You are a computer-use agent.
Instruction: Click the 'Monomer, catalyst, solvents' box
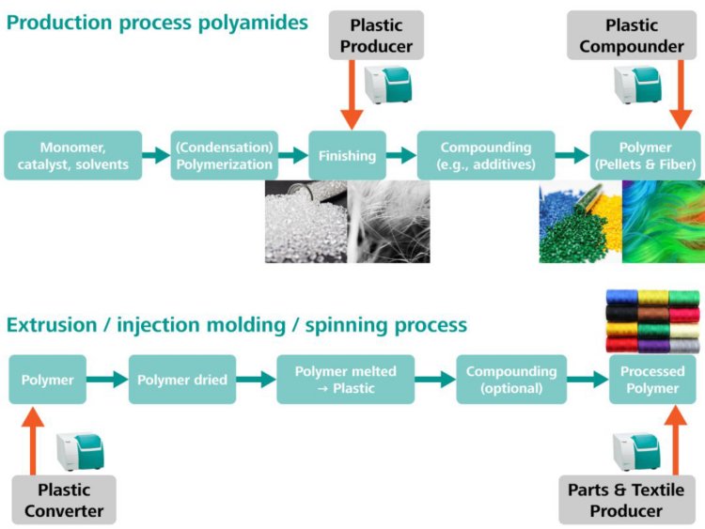72,156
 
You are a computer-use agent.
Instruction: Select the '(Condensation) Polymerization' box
225,156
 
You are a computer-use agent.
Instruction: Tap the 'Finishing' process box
348,156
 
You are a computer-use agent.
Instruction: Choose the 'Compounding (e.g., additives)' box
485,156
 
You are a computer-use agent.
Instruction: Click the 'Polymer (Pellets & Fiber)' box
645,156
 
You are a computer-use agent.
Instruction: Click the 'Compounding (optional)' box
511,380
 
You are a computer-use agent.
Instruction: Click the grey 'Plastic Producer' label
382,35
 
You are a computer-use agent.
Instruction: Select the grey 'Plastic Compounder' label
632,35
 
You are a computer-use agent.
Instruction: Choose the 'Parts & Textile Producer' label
626,500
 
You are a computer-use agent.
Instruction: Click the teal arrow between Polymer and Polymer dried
107,380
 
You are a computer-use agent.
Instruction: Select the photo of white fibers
388,222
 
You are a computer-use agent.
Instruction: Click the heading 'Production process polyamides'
157,22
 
